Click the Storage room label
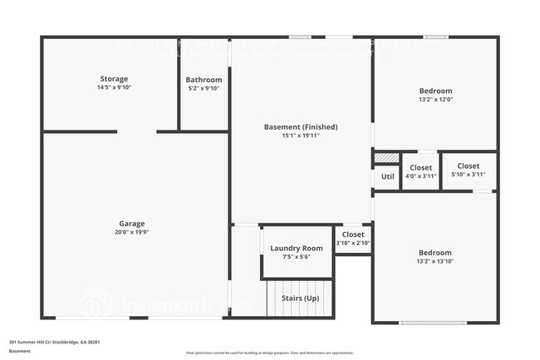coord(114,79)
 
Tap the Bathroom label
coord(204,80)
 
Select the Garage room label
coord(131,224)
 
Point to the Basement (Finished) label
coord(301,127)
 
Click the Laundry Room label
coord(297,249)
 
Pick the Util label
coord(387,176)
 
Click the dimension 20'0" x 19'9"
coord(131,233)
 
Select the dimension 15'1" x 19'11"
coord(301,136)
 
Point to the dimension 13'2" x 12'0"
coord(435,99)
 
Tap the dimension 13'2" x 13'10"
coord(435,261)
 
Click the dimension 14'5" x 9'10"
coord(114,87)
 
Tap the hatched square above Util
coord(385,157)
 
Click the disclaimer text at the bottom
coord(269,352)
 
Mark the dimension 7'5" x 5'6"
coord(297,258)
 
